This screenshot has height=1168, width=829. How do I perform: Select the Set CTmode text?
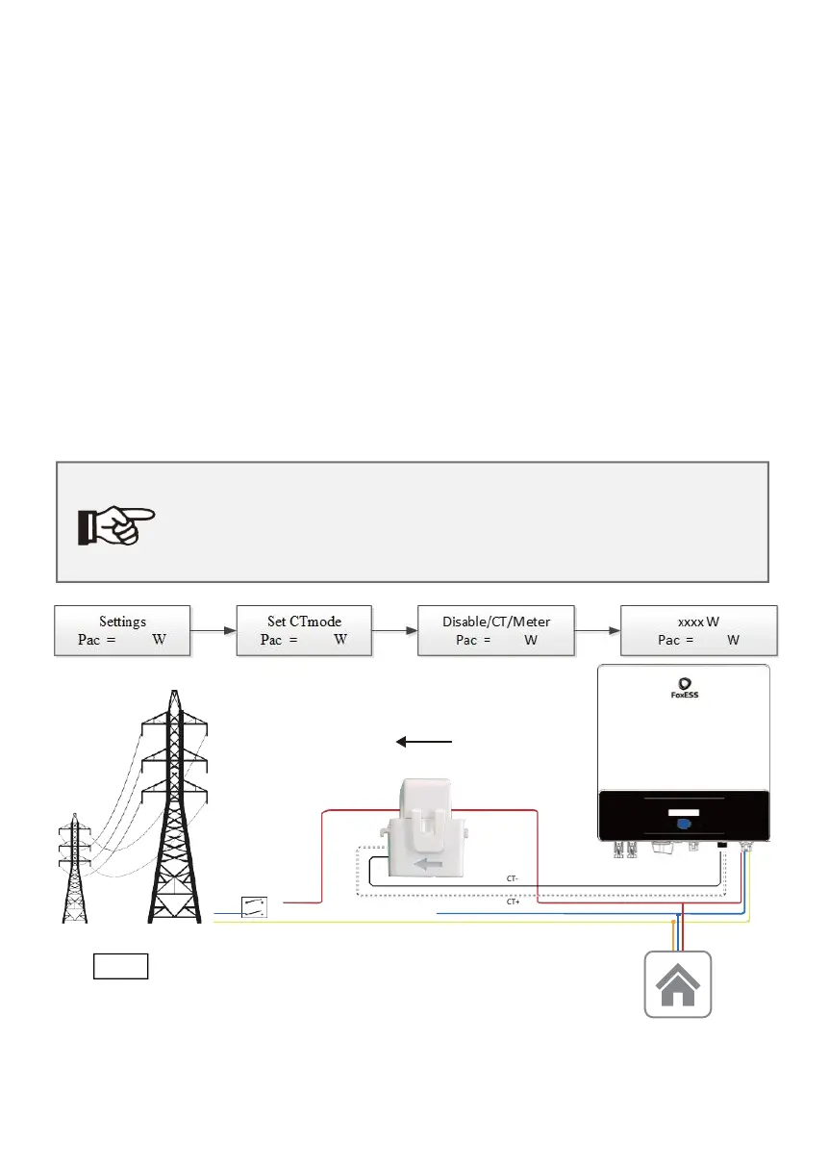(304, 622)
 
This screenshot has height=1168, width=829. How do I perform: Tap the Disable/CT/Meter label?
(496, 622)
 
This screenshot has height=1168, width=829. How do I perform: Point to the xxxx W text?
(698, 622)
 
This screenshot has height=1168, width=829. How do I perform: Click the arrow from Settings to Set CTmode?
(214, 631)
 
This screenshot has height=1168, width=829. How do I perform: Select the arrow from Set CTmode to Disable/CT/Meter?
(394, 631)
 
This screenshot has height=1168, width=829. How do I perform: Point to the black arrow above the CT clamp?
(424, 742)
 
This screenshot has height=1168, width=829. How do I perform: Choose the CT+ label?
(512, 902)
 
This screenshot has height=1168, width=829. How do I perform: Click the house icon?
(677, 984)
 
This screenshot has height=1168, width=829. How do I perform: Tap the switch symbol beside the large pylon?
(253, 904)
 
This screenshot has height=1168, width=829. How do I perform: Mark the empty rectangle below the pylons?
(120, 966)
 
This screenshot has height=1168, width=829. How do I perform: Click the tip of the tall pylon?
(173, 692)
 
